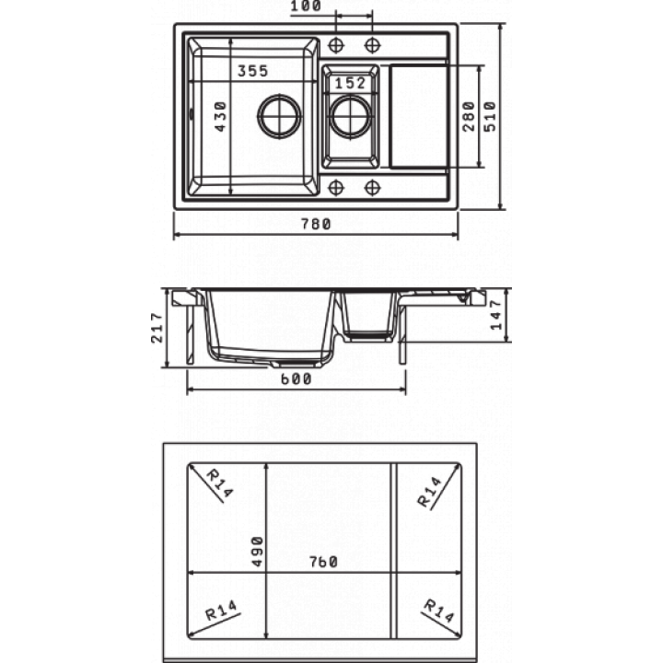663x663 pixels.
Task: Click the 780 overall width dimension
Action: click(x=316, y=223)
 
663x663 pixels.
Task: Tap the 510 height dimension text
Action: click(x=491, y=116)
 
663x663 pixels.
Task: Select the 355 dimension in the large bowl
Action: click(x=253, y=71)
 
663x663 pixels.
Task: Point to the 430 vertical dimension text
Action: click(x=220, y=116)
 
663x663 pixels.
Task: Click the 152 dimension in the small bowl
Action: click(x=350, y=83)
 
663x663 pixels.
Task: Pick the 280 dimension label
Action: click(x=469, y=116)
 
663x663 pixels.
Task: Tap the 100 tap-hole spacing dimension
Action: click(x=306, y=6)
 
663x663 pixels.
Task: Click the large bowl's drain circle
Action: click(x=280, y=116)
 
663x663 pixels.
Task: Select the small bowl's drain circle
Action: click(x=351, y=116)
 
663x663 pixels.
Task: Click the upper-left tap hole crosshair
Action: click(x=336, y=44)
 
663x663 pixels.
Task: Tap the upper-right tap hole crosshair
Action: click(x=373, y=44)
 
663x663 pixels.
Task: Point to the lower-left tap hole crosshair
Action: click(x=336, y=187)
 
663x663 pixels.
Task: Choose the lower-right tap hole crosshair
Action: click(x=373, y=187)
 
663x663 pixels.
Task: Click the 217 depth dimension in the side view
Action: click(x=157, y=328)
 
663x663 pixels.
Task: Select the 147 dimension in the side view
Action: click(x=495, y=315)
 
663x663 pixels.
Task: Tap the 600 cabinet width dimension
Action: click(x=296, y=378)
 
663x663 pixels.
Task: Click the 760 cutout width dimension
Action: click(x=323, y=562)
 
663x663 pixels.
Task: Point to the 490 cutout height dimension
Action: click(x=257, y=552)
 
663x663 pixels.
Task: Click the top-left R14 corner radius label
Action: click(x=219, y=483)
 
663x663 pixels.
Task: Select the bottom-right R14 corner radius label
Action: click(x=439, y=611)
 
